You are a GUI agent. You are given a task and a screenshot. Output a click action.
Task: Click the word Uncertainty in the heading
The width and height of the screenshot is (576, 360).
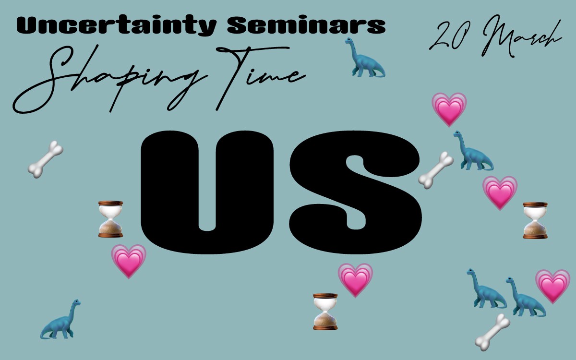click(117, 25)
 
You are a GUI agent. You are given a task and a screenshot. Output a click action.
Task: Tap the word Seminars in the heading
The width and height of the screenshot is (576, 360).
click(306, 25)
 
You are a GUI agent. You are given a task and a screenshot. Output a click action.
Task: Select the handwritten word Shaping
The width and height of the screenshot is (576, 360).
click(110, 79)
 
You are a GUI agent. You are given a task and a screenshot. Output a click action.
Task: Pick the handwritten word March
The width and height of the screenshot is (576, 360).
click(521, 36)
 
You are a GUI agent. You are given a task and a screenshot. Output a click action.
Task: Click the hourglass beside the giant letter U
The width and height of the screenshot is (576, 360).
click(110, 219)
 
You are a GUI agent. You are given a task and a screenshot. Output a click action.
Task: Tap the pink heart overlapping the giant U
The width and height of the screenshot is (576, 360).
click(129, 261)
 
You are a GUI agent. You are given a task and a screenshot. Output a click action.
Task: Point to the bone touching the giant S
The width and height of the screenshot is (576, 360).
click(436, 170)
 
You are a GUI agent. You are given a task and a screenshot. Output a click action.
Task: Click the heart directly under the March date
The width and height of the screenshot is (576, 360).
click(449, 109)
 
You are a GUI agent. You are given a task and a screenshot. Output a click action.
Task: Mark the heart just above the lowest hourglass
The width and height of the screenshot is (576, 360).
click(355, 280)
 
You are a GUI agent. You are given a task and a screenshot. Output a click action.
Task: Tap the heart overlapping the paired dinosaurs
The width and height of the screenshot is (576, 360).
click(553, 287)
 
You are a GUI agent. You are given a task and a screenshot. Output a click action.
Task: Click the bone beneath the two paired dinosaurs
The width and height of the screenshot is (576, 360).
click(492, 332)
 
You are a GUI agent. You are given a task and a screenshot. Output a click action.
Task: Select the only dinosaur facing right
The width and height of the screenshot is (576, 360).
click(60, 319)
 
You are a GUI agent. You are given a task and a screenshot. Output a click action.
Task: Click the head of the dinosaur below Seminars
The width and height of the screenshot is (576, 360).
click(348, 41)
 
